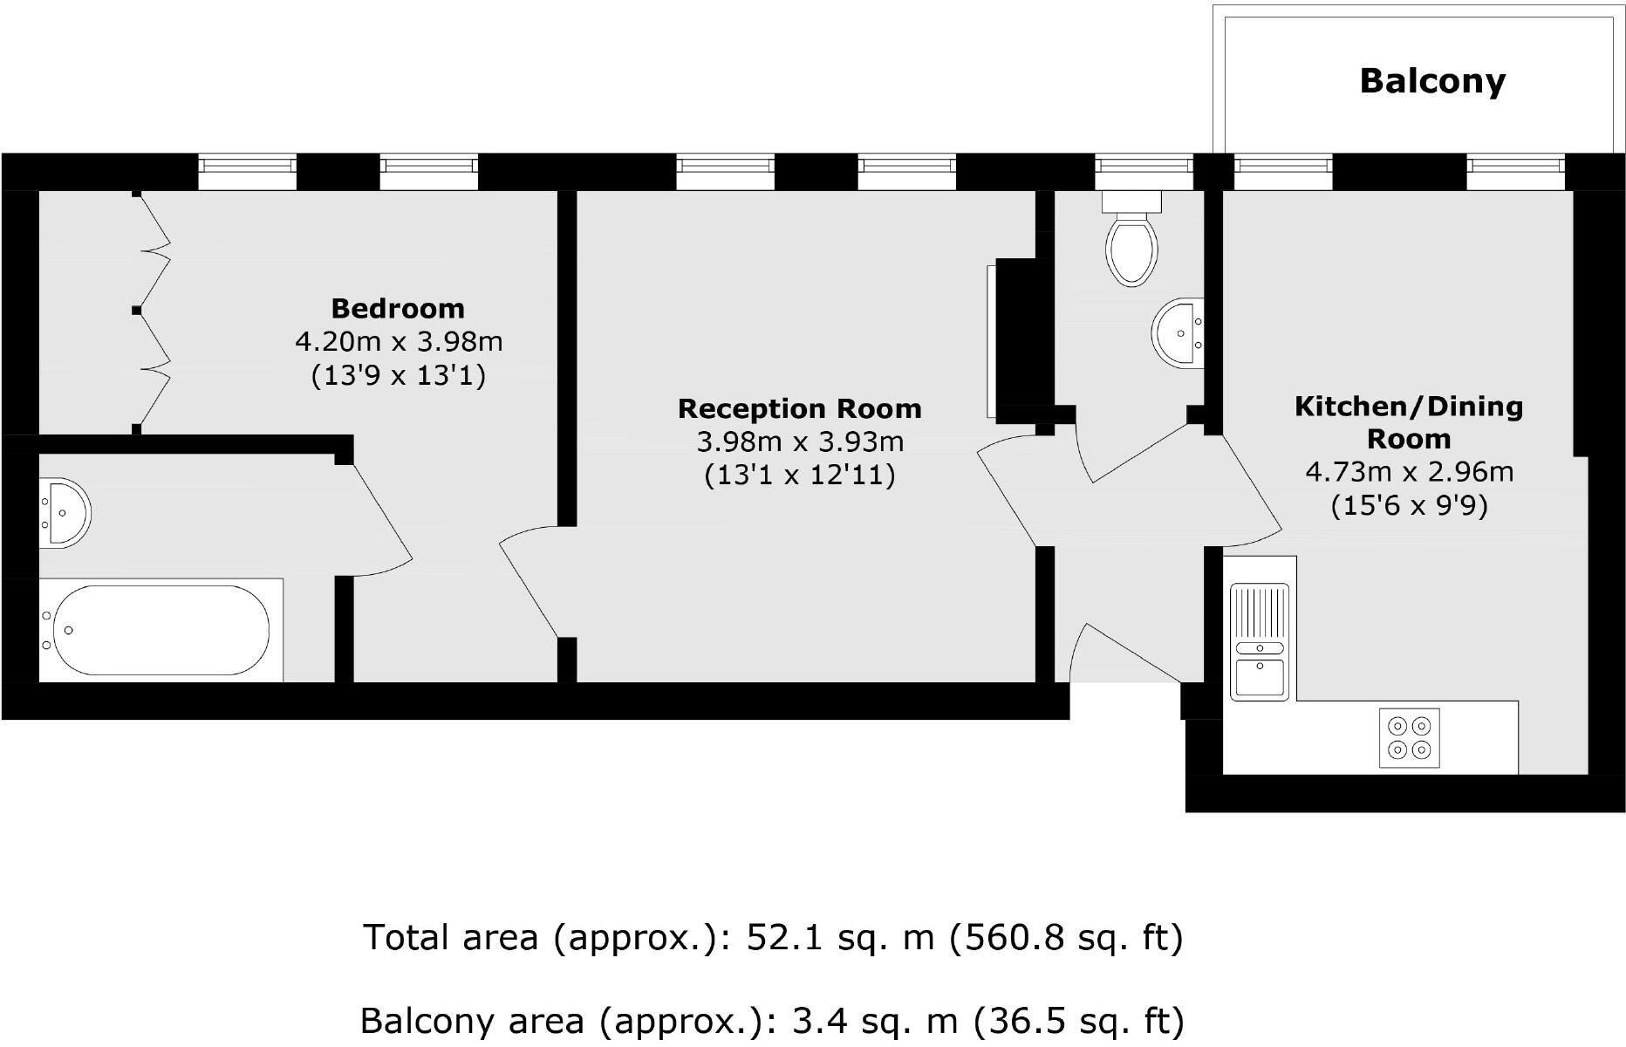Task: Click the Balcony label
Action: point(1432,81)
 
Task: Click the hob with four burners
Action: point(1410,737)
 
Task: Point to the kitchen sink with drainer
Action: point(1258,641)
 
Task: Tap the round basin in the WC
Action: point(1179,332)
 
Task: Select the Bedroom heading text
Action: point(398,309)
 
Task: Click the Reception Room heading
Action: point(799,408)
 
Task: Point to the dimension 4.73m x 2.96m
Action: point(1409,472)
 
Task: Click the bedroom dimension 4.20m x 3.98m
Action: point(399,341)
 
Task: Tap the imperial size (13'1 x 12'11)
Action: point(799,476)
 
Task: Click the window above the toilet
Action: point(1144,171)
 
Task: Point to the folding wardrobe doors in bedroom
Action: point(153,310)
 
